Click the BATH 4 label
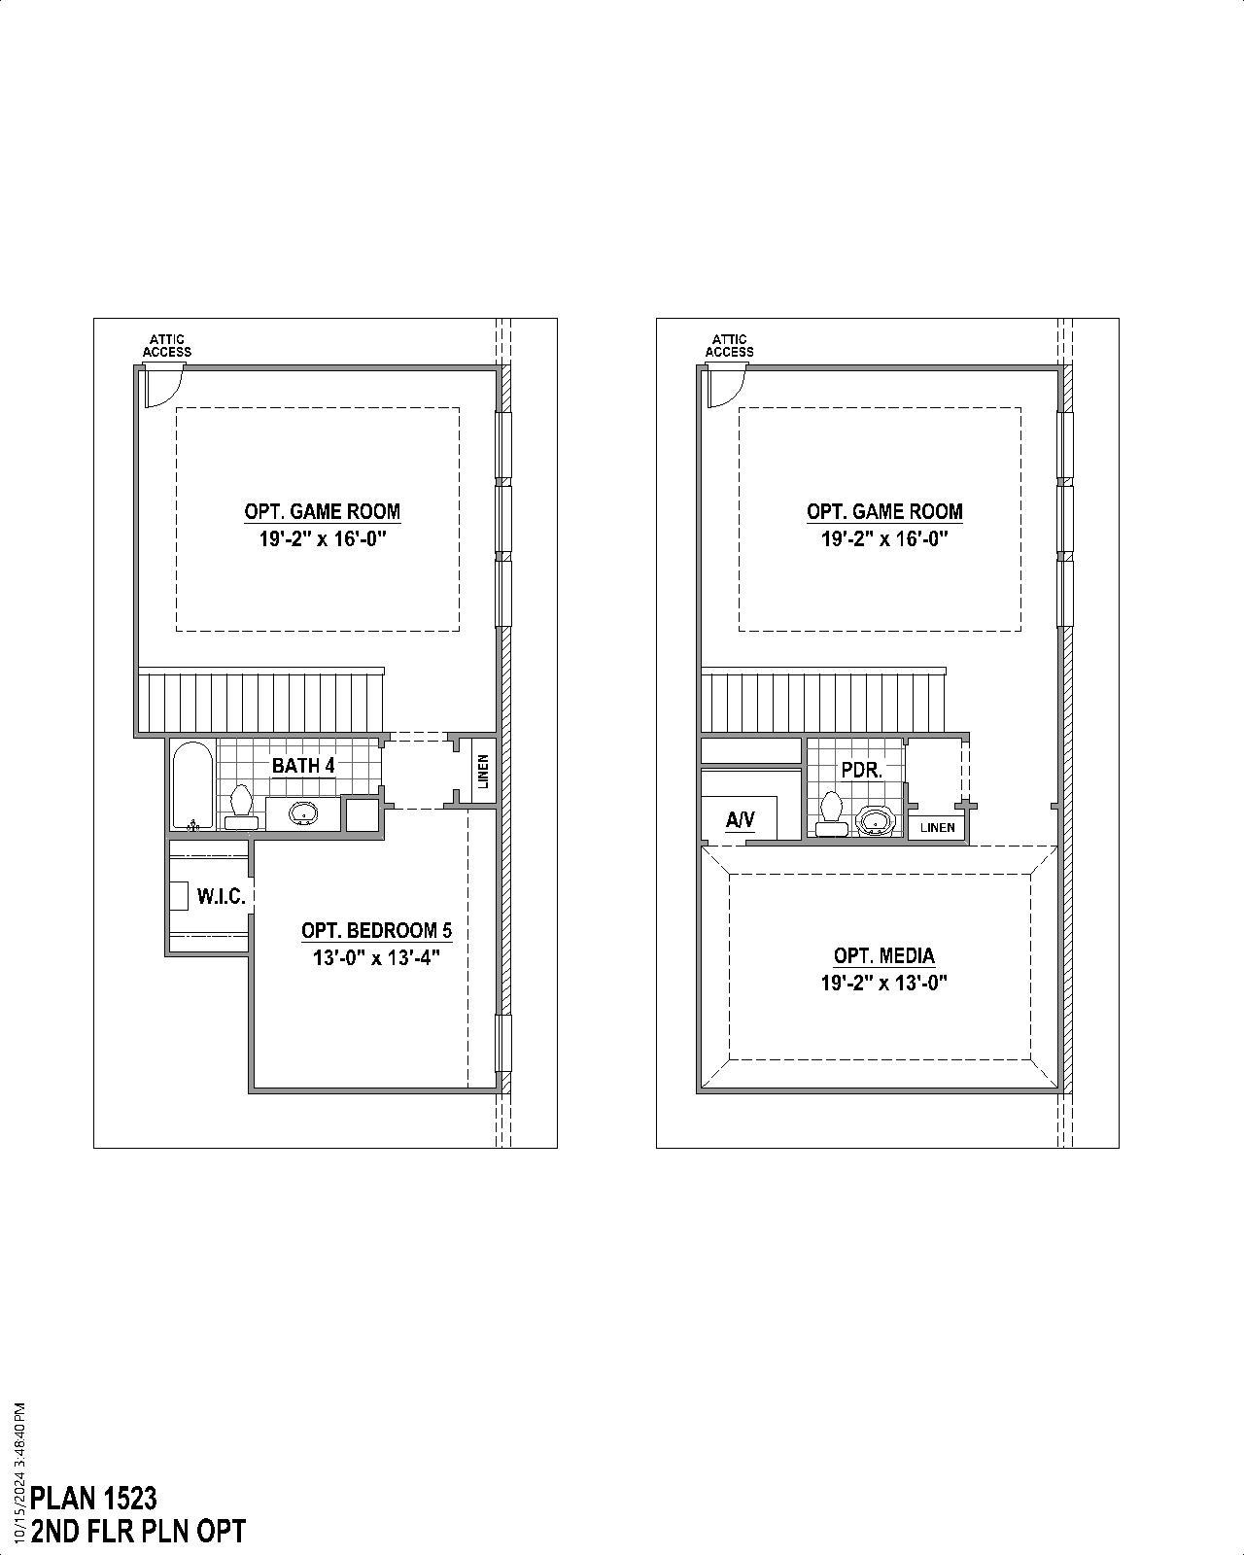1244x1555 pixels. tap(303, 766)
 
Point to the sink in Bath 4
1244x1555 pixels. tap(303, 813)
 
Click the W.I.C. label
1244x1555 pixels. tap(222, 896)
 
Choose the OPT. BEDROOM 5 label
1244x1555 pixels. tap(376, 931)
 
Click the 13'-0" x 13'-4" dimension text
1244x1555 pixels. tap(376, 957)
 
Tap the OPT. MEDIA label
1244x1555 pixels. tap(883, 956)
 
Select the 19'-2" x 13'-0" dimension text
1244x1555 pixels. tap(883, 983)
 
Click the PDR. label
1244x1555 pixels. tap(861, 771)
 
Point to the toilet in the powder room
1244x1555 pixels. tap(831, 813)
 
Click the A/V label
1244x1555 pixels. tap(740, 820)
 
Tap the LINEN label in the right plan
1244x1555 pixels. tap(938, 828)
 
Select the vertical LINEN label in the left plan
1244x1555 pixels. tap(483, 772)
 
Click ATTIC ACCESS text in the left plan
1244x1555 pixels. tap(167, 346)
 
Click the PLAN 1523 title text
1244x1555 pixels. tap(94, 1498)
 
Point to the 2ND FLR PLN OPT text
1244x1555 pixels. tap(138, 1532)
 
